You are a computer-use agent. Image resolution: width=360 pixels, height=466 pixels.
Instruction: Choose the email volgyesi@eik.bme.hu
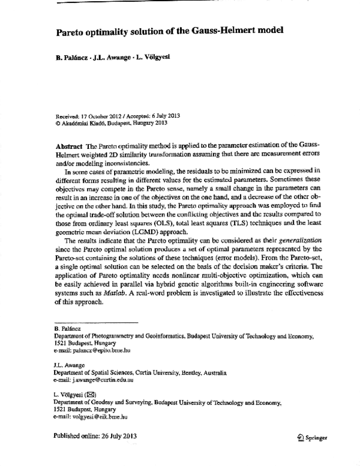(98, 416)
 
